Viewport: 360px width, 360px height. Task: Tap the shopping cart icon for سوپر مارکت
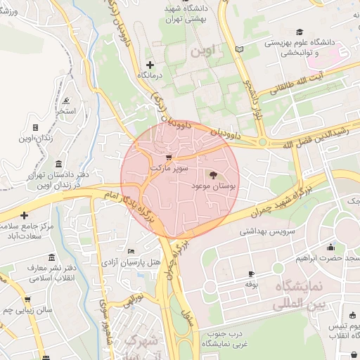point(168,157)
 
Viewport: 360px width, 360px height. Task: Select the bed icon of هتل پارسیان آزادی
point(131,251)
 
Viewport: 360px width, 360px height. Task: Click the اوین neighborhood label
point(205,51)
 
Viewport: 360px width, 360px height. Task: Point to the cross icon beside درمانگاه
point(150,65)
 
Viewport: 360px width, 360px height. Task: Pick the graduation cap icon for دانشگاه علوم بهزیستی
point(300,32)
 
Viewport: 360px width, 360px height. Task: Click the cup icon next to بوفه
point(252,274)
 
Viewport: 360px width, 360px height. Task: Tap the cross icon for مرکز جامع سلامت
point(25,215)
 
